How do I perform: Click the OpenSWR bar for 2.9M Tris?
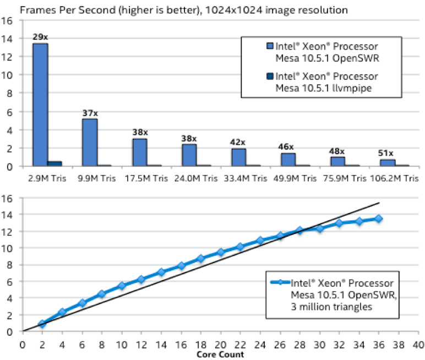40,105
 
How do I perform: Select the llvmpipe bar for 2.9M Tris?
55,163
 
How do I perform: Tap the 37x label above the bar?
90,113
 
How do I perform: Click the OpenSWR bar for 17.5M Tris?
139,152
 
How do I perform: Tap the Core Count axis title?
220,354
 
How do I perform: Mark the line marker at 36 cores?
378,219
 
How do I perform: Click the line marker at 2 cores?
42,324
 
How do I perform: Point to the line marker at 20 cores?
220,252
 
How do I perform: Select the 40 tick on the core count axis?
418,345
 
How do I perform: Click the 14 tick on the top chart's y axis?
7,39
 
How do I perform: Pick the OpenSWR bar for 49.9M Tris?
288,160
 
